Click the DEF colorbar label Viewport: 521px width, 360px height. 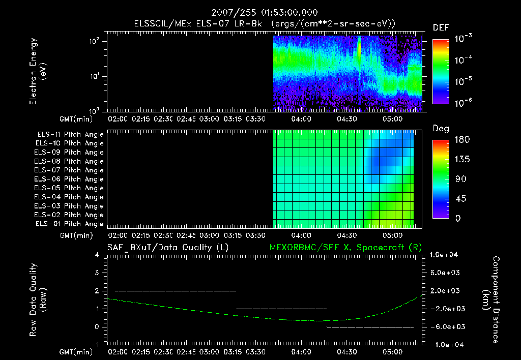(x=441, y=27)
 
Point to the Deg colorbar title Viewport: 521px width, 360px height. (x=441, y=129)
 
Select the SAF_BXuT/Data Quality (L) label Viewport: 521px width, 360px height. (x=167, y=247)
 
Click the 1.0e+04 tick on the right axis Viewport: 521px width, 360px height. (x=446, y=255)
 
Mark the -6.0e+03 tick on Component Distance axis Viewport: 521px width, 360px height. (x=446, y=326)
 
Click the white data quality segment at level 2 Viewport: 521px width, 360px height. (x=176, y=291)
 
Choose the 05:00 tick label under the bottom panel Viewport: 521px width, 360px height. (x=392, y=351)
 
